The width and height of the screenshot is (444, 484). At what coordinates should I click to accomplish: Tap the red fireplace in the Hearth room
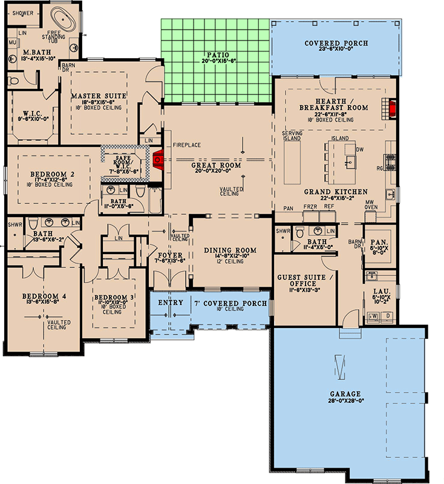point(392,108)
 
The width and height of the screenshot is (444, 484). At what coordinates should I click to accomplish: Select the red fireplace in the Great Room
point(158,160)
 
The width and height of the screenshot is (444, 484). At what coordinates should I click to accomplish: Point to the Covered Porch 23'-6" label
point(336,44)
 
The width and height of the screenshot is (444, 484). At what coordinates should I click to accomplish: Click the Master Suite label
point(98,96)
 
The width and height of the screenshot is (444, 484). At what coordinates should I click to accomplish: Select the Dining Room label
point(230,250)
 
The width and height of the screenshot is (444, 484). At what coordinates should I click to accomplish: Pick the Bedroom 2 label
point(52,174)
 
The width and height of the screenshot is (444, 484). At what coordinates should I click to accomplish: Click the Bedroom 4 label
point(44,296)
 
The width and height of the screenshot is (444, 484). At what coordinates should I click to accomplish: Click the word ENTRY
point(170,303)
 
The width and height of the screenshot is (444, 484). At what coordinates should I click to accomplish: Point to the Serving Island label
point(293,135)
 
